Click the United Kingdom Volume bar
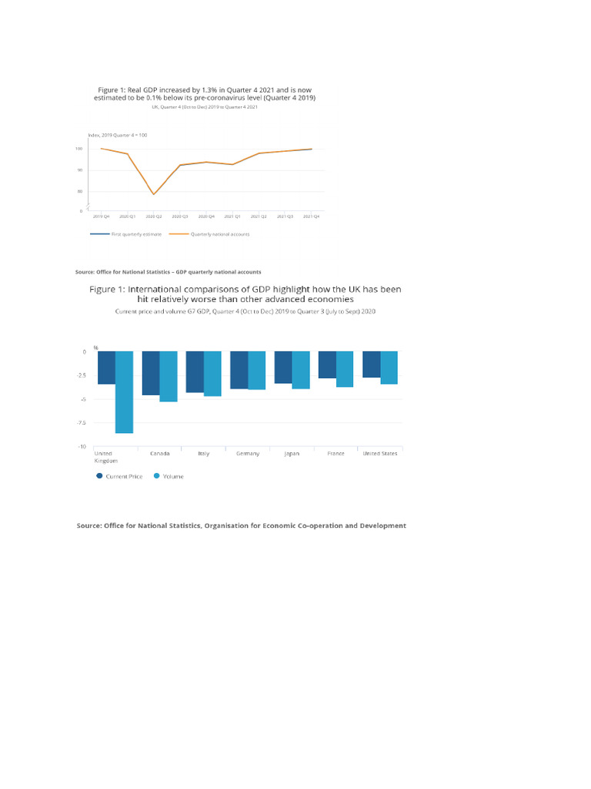(125, 392)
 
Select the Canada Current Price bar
(151, 373)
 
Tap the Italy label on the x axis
(204, 454)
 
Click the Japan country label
(292, 454)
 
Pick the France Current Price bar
(327, 364)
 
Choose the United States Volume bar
(389, 368)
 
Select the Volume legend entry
(173, 476)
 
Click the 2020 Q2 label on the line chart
(154, 217)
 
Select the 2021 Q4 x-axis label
(311, 217)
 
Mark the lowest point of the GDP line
(154, 194)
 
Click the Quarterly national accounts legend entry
(219, 233)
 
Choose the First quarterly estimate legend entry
(136, 233)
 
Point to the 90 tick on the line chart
(79, 170)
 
